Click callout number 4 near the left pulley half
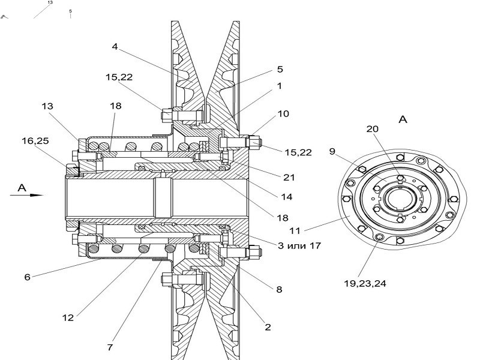tap(115, 47)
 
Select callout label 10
tap(283, 114)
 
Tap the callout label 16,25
tap(35, 141)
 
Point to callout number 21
tap(289, 178)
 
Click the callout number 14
tap(287, 197)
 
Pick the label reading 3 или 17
tap(299, 245)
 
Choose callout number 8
tap(279, 289)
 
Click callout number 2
tap(268, 327)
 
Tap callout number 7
tap(110, 347)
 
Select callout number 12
tap(68, 318)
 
